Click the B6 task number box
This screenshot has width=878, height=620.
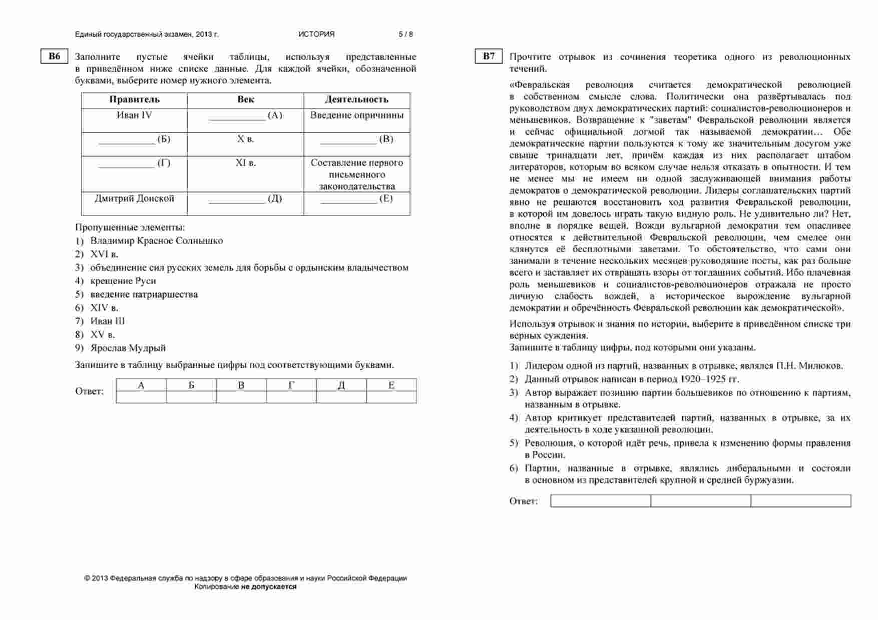pyautogui.click(x=54, y=57)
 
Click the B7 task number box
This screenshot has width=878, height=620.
pyautogui.click(x=489, y=57)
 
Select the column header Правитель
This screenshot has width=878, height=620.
pyautogui.click(x=134, y=100)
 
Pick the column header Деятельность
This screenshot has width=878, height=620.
pyautogui.click(x=356, y=100)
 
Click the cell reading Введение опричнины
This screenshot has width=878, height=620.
pyautogui.click(x=356, y=115)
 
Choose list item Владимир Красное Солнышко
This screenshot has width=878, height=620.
pyautogui.click(x=156, y=241)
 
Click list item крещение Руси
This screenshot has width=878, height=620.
pyautogui.click(x=123, y=281)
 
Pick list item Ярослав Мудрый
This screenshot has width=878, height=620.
pyautogui.click(x=128, y=348)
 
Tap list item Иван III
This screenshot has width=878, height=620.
pyautogui.click(x=108, y=321)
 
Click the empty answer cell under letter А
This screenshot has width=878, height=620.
pyautogui.click(x=141, y=397)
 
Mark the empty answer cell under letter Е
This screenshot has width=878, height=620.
pyautogui.click(x=391, y=397)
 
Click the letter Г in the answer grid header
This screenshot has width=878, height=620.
pyautogui.click(x=291, y=385)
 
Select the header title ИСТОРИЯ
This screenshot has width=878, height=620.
pyautogui.click(x=316, y=35)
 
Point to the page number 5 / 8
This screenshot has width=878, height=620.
pyautogui.click(x=405, y=35)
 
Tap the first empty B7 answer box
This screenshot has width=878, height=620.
pyautogui.click(x=600, y=501)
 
